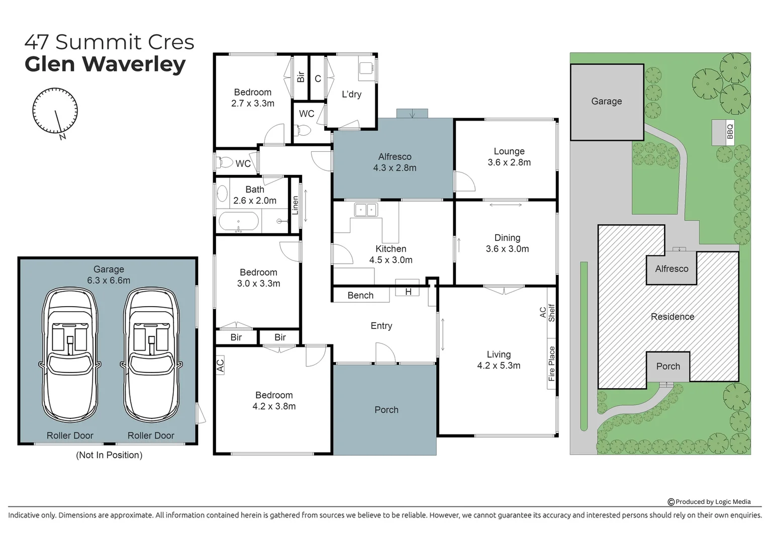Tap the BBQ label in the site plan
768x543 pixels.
click(x=730, y=132)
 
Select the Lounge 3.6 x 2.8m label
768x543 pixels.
click(x=509, y=157)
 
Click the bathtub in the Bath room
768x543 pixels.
click(x=238, y=222)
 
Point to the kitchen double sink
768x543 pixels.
click(x=365, y=210)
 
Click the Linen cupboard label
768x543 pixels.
click(x=296, y=205)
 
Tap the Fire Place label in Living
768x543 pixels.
click(x=551, y=363)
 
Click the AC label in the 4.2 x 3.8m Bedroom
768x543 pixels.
click(x=220, y=365)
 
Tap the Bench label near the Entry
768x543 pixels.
click(x=360, y=296)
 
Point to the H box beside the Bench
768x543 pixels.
click(x=408, y=292)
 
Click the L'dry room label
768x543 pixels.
click(x=351, y=95)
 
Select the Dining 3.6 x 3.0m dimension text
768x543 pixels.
click(x=507, y=249)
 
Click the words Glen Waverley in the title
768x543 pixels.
click(x=105, y=64)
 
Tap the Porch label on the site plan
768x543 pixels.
click(x=667, y=367)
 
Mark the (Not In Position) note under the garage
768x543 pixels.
click(x=109, y=455)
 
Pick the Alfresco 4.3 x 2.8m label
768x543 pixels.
click(x=395, y=162)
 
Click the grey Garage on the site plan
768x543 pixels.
click(x=606, y=102)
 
